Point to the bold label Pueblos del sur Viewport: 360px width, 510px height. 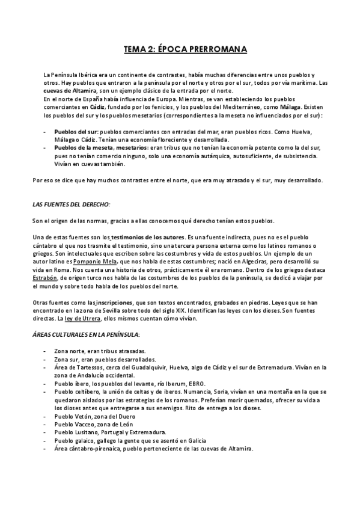click(76, 131)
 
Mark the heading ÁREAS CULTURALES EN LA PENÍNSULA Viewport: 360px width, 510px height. click(85, 334)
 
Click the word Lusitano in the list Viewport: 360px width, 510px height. click(85, 432)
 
